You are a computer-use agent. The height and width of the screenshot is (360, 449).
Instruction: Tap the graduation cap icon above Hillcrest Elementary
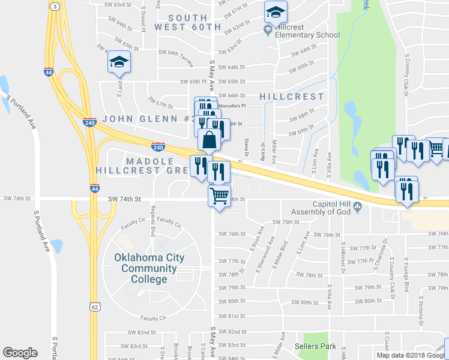pyautogui.click(x=276, y=11)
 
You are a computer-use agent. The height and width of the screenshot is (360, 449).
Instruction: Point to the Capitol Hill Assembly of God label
pyautogui.click(x=322, y=207)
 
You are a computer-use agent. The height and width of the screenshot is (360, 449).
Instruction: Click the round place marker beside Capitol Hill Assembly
pyautogui.click(x=358, y=208)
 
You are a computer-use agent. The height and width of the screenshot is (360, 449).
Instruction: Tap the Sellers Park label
pyautogui.click(x=315, y=347)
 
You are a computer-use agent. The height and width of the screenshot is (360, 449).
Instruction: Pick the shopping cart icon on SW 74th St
pyautogui.click(x=220, y=195)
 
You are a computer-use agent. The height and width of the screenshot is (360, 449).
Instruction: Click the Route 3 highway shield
pyautogui.click(x=54, y=6)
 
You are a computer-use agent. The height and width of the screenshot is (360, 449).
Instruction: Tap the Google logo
pyautogui.click(x=20, y=353)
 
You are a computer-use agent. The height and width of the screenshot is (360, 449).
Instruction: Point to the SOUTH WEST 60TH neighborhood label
pyautogui.click(x=188, y=22)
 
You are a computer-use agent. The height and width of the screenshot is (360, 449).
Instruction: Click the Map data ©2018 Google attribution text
pyautogui.click(x=412, y=355)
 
